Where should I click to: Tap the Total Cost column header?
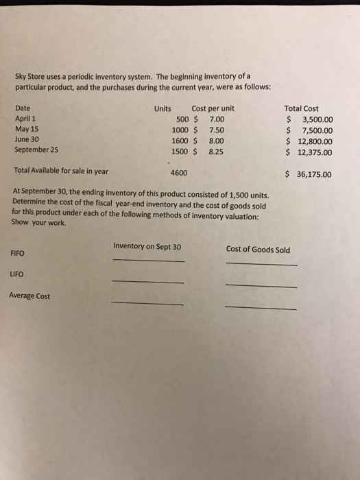point(301,108)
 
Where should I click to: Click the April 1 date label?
point(25,119)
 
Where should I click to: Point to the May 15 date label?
point(25,128)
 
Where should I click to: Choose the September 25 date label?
point(36,148)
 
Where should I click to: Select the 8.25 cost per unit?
point(217,152)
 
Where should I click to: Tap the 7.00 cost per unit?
point(217,119)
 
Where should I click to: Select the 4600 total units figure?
point(180,173)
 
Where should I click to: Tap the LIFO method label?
point(18,274)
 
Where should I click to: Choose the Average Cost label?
point(29,296)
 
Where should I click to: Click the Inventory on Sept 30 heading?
point(147,247)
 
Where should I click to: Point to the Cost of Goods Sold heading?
point(258,250)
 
